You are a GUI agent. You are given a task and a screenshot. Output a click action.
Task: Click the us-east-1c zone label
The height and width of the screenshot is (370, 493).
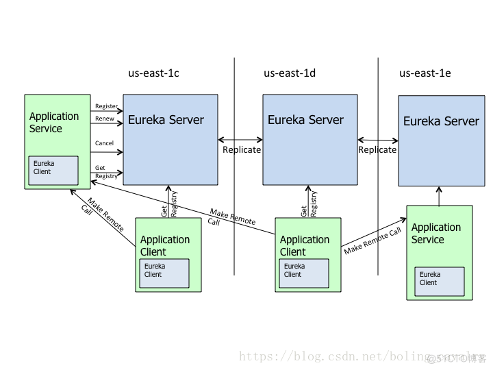[x=153, y=73]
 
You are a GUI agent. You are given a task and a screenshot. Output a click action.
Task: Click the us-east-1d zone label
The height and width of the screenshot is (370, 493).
[x=290, y=73]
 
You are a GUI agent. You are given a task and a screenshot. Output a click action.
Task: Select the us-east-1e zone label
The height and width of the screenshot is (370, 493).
[x=425, y=73]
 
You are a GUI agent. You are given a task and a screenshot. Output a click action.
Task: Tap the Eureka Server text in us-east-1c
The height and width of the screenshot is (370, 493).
[x=166, y=120]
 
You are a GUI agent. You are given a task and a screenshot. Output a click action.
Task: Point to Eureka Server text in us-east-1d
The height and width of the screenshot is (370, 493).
[x=305, y=120]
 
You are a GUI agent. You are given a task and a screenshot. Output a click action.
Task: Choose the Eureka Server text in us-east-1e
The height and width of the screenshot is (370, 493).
[x=441, y=121]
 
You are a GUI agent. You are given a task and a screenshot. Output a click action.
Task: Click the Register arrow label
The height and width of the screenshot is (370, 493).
[x=106, y=106]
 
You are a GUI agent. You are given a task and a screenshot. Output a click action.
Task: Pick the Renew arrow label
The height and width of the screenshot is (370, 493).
[x=104, y=119]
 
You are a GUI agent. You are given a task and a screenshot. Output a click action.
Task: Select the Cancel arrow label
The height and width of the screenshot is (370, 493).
[x=104, y=143]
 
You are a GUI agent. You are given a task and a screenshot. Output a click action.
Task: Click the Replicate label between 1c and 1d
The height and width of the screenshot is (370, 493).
[x=242, y=149]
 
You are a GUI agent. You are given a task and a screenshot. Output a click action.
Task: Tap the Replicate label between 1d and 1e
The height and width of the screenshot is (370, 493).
[x=377, y=149]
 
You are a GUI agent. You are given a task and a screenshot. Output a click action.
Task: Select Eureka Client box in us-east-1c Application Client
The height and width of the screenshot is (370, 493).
[x=164, y=273]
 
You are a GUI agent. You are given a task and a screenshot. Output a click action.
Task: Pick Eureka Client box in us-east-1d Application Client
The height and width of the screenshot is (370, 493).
[x=304, y=273]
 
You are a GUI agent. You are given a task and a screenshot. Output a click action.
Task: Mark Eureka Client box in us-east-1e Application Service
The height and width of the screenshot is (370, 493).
[x=440, y=281]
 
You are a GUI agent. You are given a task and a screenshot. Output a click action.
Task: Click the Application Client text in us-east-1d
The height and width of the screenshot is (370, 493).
[x=305, y=245]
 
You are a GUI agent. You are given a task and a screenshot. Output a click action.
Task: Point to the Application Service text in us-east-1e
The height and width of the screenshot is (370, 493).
[x=436, y=234]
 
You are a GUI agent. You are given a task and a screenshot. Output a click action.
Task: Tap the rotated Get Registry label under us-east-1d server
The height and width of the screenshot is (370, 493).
[x=309, y=203]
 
